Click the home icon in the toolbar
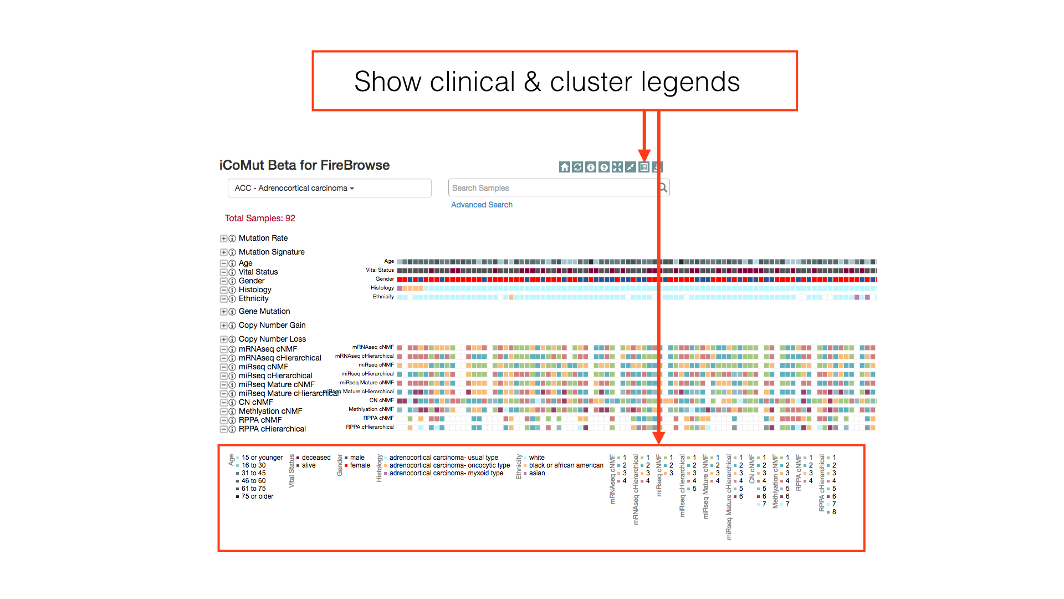pos(564,167)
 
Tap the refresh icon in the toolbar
pos(577,167)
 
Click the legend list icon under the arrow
pos(644,167)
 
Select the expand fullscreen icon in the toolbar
pos(617,167)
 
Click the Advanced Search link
pos(482,205)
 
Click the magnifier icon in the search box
pos(663,188)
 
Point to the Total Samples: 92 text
pos(260,219)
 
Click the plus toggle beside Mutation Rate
pos(223,238)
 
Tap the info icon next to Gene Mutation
pos(232,312)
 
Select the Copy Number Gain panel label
pos(272,326)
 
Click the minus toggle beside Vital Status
pos(223,272)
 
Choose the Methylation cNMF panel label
pos(270,411)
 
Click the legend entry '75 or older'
pos(257,496)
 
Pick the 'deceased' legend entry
pos(316,458)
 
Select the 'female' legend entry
pos(360,465)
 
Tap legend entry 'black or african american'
pos(566,465)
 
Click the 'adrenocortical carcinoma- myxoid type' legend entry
pos(446,473)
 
